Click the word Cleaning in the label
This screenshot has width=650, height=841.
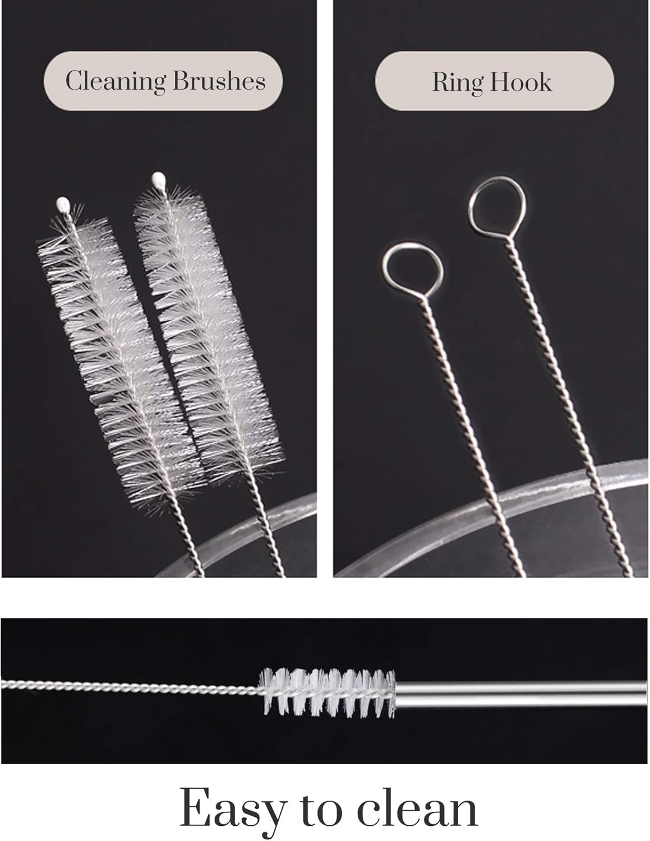(x=116, y=81)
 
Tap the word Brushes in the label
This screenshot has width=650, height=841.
(x=219, y=81)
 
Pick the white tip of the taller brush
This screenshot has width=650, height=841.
(x=158, y=181)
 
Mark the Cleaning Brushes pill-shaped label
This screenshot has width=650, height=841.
(x=163, y=81)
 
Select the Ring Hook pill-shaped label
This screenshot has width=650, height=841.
(x=494, y=82)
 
